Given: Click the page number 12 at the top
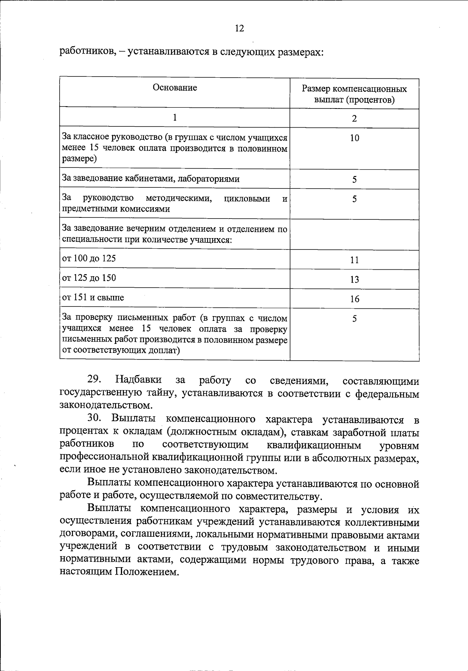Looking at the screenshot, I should click(x=239, y=28).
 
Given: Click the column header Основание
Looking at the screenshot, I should click(x=175, y=87).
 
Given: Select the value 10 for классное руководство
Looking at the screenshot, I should click(x=354, y=138).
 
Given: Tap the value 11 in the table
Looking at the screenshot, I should click(x=354, y=260).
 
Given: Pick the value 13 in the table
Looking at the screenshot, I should click(x=354, y=279).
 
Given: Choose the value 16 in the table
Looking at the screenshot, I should click(x=354, y=299).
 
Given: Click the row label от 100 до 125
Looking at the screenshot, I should click(x=89, y=258).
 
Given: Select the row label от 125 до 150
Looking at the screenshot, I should click(x=89, y=278).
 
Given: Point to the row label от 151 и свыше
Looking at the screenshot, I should click(x=93, y=297).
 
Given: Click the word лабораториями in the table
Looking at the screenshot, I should click(x=209, y=179).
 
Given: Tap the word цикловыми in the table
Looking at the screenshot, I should click(x=247, y=199).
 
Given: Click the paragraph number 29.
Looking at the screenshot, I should click(x=94, y=380).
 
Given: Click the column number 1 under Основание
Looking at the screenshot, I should click(x=175, y=117).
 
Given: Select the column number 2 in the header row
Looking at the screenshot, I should click(x=354, y=118).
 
